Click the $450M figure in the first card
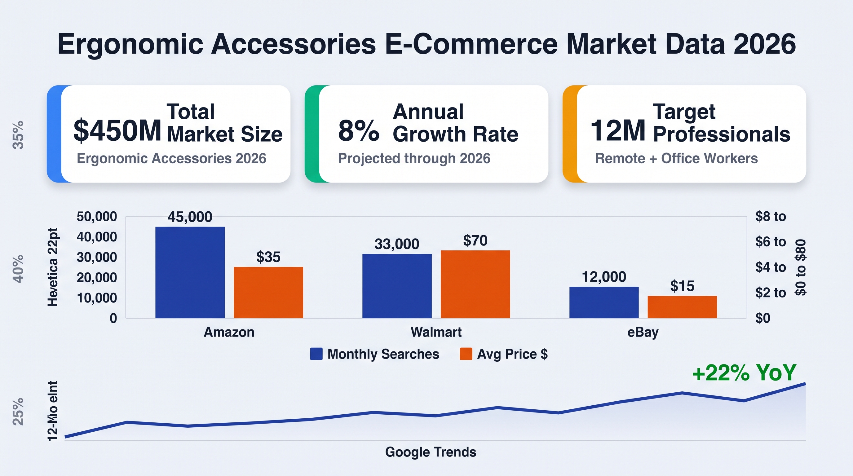(x=117, y=130)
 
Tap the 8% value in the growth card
(x=359, y=130)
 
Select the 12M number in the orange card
(x=618, y=130)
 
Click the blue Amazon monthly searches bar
(x=190, y=272)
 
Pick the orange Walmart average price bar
(x=475, y=284)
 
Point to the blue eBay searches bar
(x=604, y=302)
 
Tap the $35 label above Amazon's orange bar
(x=268, y=257)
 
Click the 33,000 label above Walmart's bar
(x=397, y=244)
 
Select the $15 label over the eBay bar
(x=682, y=286)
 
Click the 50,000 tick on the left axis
(x=97, y=217)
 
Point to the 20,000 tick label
(x=97, y=277)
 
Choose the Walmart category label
(x=436, y=332)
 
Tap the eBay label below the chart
(x=643, y=332)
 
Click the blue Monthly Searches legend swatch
(x=316, y=354)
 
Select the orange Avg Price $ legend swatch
(x=466, y=354)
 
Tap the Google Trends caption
(x=431, y=452)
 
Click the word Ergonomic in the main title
(x=130, y=45)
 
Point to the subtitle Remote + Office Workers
(x=677, y=159)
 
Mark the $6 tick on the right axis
(x=770, y=242)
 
